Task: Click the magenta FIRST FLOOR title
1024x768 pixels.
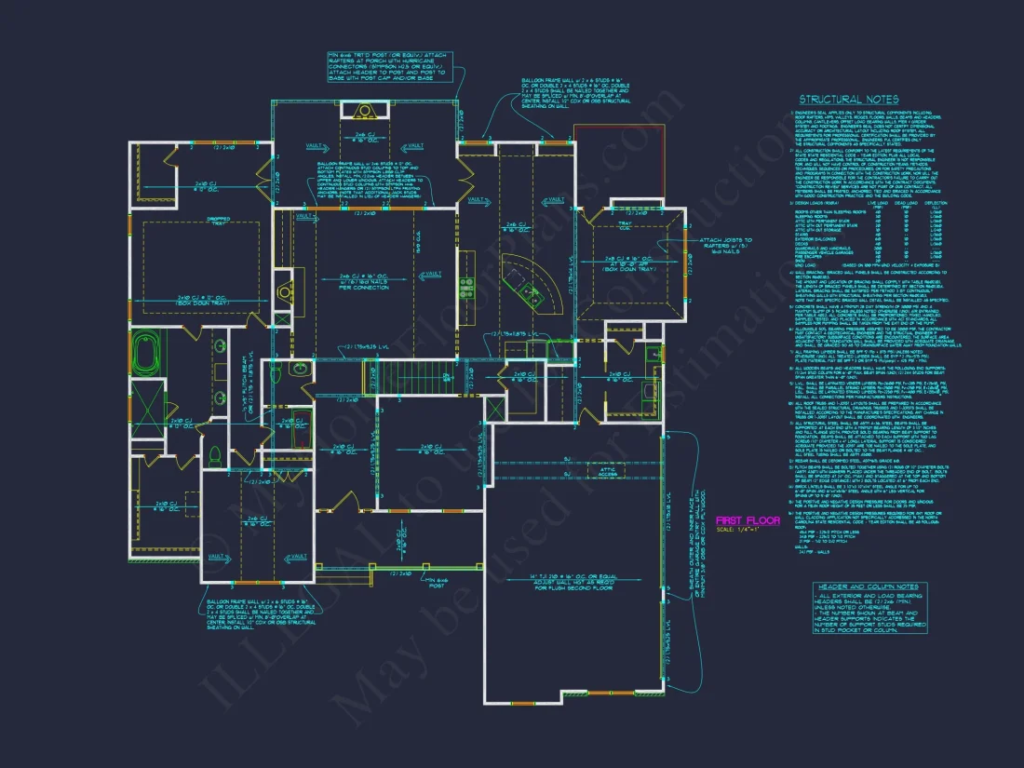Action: (x=748, y=520)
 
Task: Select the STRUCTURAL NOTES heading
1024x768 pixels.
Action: (x=849, y=100)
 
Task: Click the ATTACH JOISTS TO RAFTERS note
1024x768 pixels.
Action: (x=725, y=246)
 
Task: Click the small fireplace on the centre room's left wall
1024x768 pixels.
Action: (x=284, y=292)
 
